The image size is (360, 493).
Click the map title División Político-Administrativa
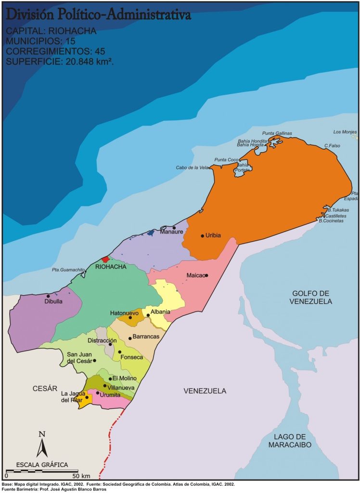(x=98, y=15)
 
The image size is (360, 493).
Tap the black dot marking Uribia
(x=202, y=236)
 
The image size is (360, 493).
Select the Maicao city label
(x=195, y=276)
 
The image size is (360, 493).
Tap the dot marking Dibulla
(x=48, y=296)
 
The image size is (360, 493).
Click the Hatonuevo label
(x=124, y=313)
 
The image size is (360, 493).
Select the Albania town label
(x=160, y=312)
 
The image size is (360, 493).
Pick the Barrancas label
(x=146, y=336)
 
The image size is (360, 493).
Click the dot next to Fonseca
(x=120, y=352)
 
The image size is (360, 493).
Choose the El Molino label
(x=125, y=379)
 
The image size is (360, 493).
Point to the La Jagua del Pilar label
(x=71, y=396)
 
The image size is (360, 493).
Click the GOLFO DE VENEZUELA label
(x=311, y=297)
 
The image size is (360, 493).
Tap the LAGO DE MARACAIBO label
(x=290, y=441)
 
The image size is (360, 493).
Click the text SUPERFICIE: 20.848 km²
(x=60, y=61)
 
